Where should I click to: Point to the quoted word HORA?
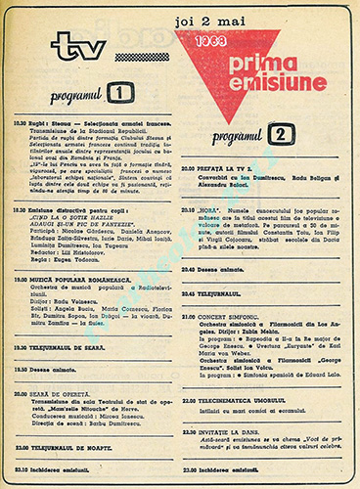pyautogui.click(x=219, y=208)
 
